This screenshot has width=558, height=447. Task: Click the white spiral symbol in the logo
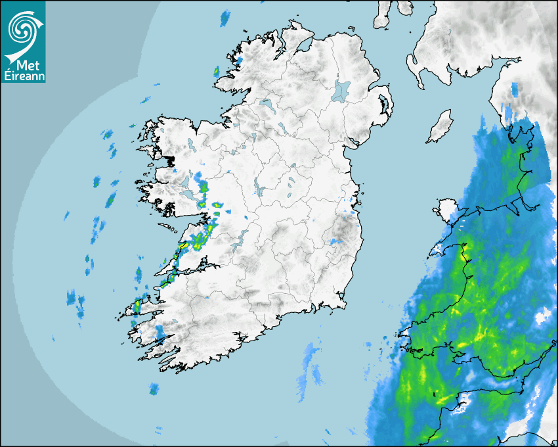pos(22,28)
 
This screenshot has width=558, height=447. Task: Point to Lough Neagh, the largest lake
pos(341,90)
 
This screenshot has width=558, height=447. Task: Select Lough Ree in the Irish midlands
pos(258,187)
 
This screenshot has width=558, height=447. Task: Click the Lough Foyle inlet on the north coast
pos(303,45)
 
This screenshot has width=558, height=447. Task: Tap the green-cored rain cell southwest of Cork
pos(154,389)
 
